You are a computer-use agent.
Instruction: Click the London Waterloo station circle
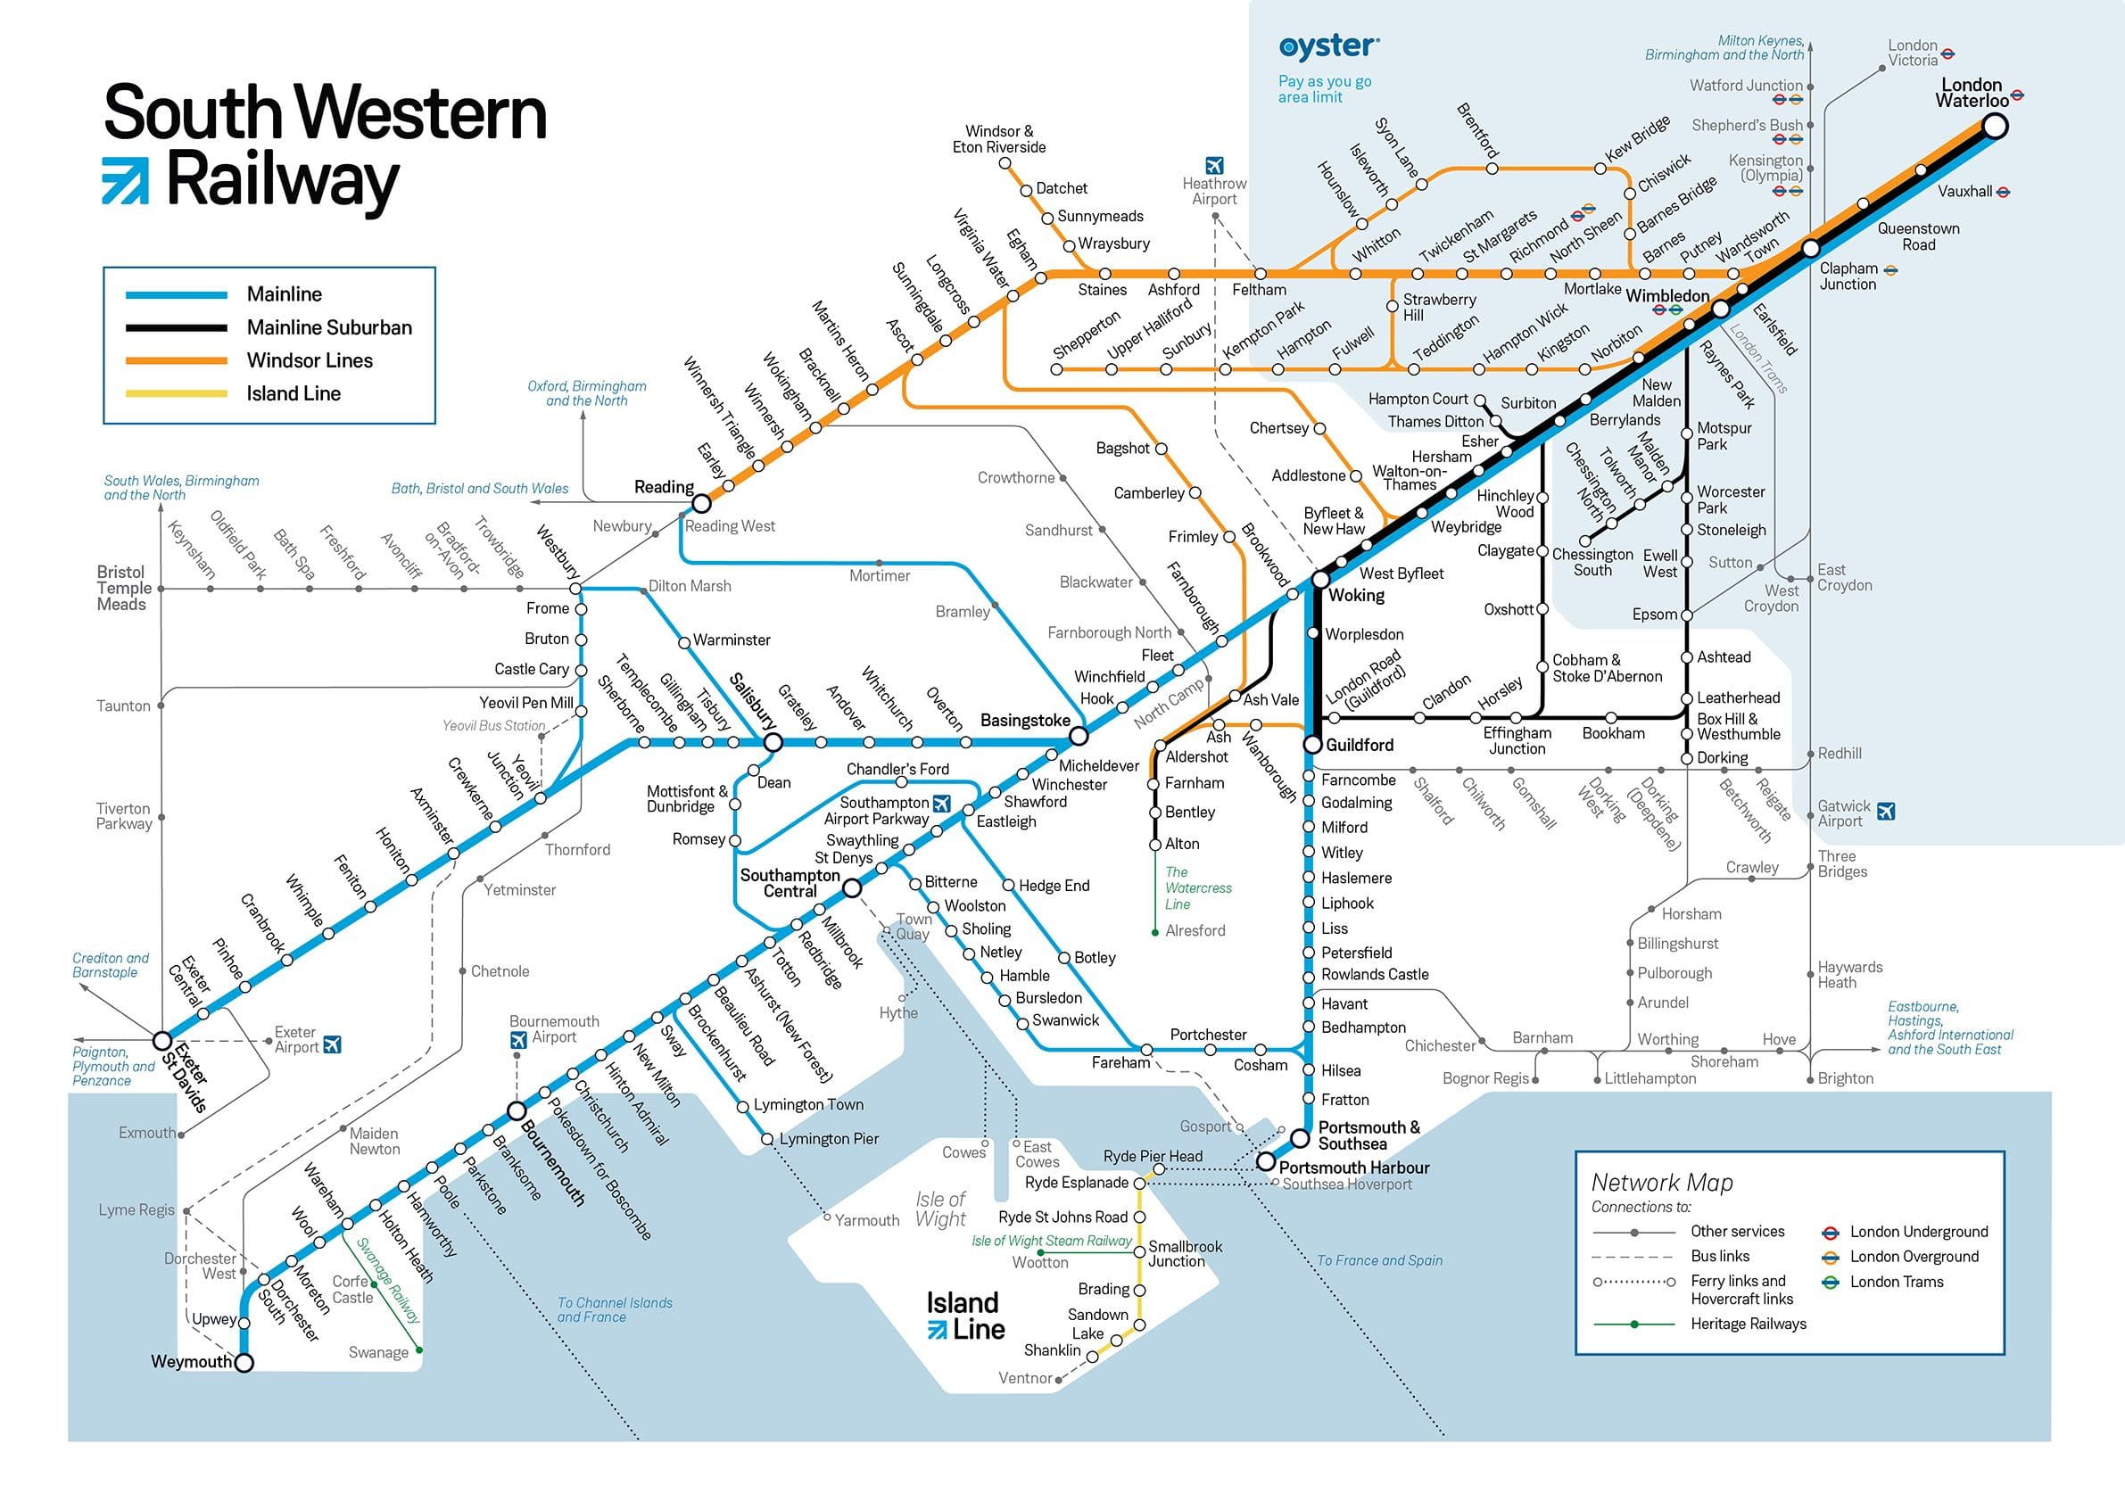[x=1995, y=126]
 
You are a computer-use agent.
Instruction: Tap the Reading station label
[x=664, y=487]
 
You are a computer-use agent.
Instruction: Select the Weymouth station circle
[x=244, y=1362]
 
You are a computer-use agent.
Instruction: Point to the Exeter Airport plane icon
[x=332, y=1044]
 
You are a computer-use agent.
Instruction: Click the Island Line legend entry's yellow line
[x=176, y=393]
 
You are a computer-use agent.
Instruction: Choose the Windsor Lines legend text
[x=310, y=361]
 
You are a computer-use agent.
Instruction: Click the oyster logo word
[x=1328, y=46]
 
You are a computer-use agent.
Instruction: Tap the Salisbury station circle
[x=773, y=742]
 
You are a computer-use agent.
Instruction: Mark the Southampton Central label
[x=790, y=883]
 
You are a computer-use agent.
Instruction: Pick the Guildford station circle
[x=1312, y=744]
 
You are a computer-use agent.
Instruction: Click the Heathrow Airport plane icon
[x=1214, y=166]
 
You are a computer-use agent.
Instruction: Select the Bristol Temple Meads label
[x=122, y=588]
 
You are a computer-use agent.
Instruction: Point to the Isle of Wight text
[x=940, y=1209]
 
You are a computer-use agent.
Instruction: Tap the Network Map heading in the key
[x=1661, y=1182]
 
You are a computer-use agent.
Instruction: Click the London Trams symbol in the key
[x=1830, y=1282]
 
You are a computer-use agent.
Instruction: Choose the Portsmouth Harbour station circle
[x=1265, y=1161]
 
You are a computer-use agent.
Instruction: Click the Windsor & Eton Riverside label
[x=998, y=139]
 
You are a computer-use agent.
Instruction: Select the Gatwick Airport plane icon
[x=1886, y=812]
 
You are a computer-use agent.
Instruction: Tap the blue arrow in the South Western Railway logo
[x=125, y=180]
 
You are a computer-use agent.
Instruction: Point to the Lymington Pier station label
[x=829, y=1138]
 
